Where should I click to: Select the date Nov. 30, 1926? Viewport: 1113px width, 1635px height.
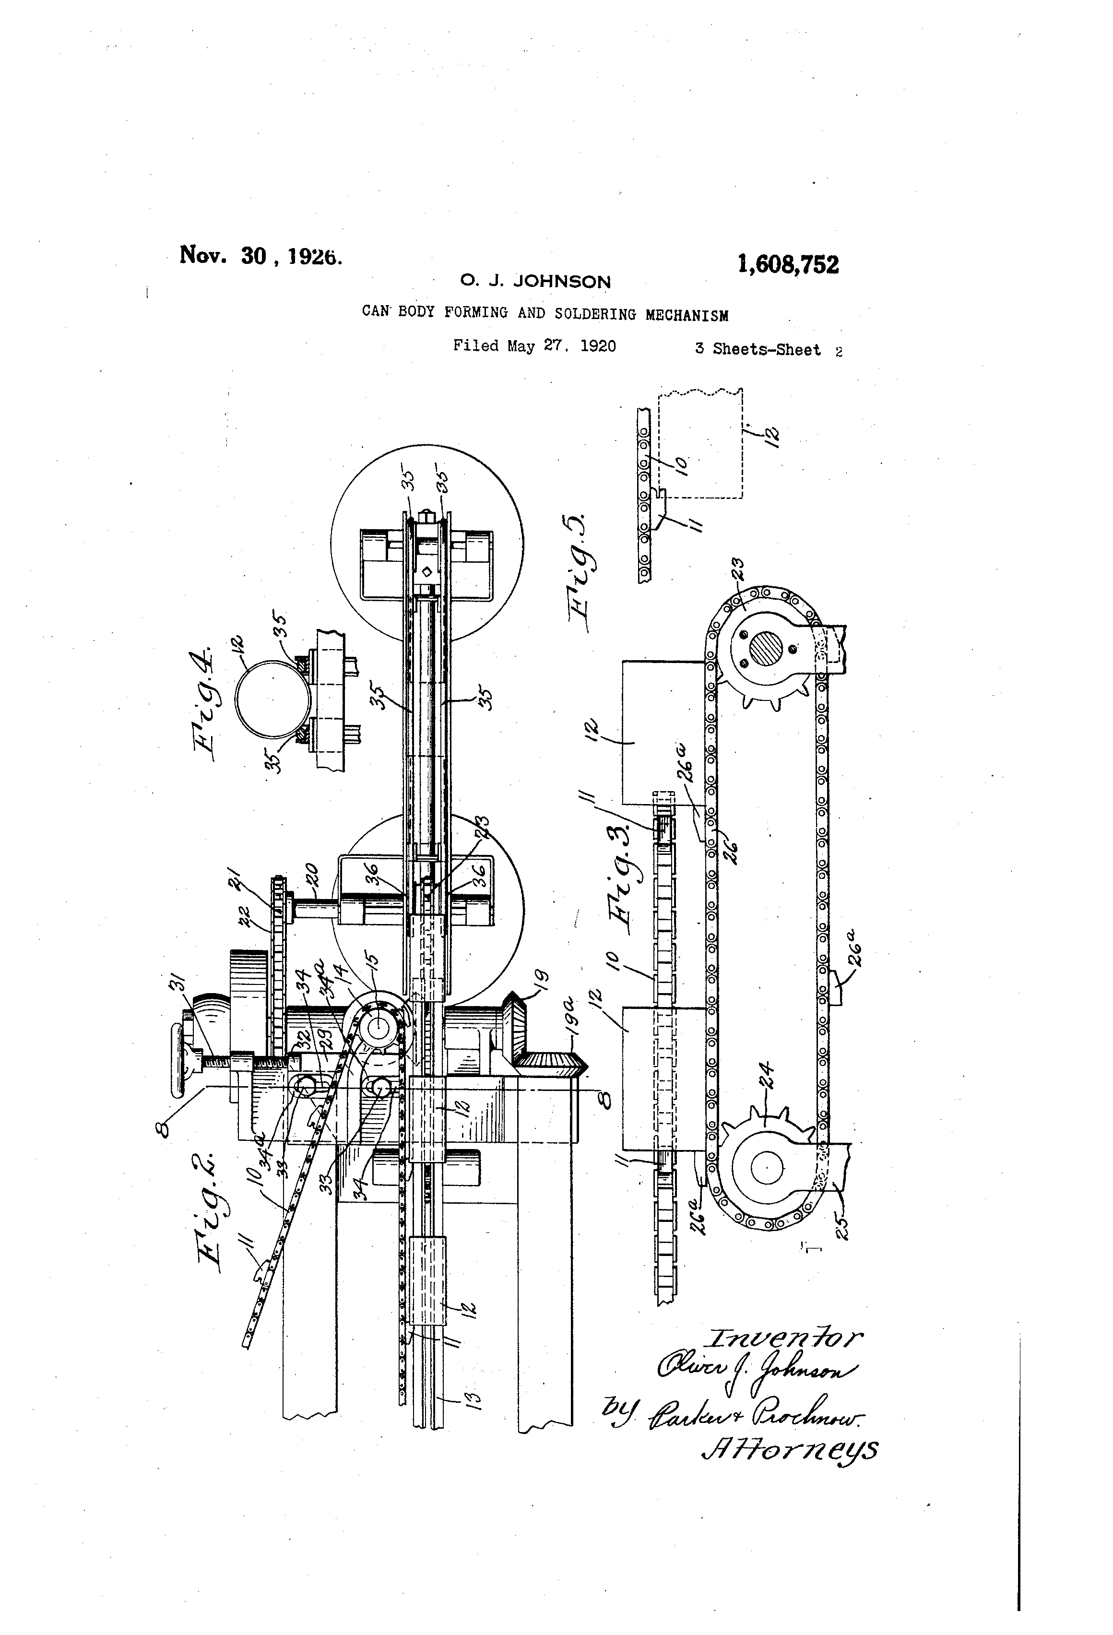coord(261,255)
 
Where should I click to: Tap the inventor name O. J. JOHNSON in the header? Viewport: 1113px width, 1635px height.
coord(535,282)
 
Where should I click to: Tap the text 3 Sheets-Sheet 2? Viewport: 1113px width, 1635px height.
coord(768,350)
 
